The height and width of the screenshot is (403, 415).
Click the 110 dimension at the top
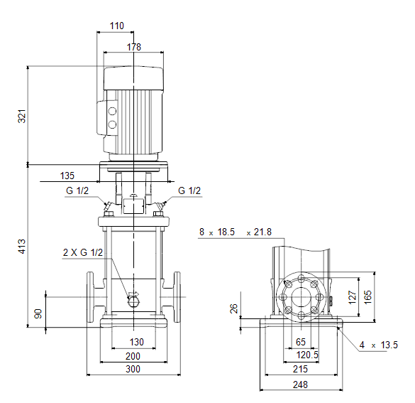coord(117,26)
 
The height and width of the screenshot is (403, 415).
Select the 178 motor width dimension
coord(134,47)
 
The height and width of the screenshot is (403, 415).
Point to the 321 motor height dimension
coord(22,116)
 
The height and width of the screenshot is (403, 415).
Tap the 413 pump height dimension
coord(22,247)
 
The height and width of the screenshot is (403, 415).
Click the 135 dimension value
coord(67,176)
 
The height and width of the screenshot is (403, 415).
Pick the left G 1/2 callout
coord(77,190)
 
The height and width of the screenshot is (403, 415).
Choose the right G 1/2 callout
coord(189,190)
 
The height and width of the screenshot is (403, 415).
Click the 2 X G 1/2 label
coord(83,252)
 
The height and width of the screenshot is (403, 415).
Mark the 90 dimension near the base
coord(38,313)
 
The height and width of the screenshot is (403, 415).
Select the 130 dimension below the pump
coord(137,342)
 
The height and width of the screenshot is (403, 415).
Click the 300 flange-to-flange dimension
coord(133,369)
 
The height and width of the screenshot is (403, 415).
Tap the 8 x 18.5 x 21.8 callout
coord(236,232)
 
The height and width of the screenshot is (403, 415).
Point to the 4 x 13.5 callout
coord(379,345)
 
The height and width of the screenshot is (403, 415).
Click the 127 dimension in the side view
coord(353,297)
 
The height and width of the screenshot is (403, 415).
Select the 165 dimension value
coord(367,297)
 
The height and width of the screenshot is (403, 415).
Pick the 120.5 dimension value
coord(307,355)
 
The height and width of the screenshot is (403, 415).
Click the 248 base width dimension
coord(300,385)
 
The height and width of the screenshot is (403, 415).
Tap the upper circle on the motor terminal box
coord(113,111)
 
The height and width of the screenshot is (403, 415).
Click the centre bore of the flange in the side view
coord(301,297)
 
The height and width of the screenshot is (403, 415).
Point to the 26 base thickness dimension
coord(234,308)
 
